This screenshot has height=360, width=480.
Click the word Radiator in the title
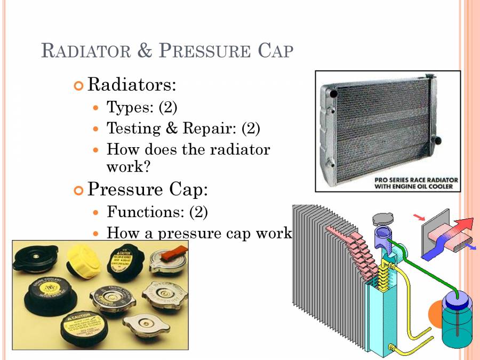click(85, 51)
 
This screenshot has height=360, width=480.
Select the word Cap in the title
click(275, 51)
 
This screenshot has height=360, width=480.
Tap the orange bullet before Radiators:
click(79, 85)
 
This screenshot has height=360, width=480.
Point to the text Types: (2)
click(142, 107)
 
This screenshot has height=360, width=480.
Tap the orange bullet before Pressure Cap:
click(79, 189)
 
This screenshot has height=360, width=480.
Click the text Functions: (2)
click(157, 212)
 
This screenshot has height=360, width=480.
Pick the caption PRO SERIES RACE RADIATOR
click(414, 180)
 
